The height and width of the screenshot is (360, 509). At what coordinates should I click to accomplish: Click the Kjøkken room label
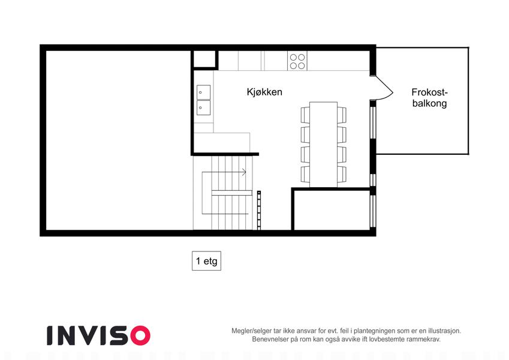[264, 92]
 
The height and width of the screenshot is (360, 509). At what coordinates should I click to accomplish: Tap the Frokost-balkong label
[429, 98]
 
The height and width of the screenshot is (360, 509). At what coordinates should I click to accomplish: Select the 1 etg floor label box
[206, 261]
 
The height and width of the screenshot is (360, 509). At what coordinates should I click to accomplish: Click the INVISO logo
[98, 335]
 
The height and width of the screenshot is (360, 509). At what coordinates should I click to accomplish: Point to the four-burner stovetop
[297, 62]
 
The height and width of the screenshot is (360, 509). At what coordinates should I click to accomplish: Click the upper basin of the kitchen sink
[203, 92]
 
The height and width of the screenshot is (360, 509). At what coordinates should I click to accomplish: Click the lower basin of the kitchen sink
[203, 107]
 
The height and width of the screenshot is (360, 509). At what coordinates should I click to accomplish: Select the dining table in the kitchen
[323, 145]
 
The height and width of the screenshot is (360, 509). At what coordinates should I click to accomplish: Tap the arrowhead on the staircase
[244, 172]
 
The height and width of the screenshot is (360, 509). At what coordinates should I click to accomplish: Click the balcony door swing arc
[385, 88]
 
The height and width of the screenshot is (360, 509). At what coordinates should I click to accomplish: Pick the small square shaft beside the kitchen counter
[204, 59]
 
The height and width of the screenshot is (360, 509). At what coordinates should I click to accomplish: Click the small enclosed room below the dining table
[332, 210]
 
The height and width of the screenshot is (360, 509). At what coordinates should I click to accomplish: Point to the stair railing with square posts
[259, 210]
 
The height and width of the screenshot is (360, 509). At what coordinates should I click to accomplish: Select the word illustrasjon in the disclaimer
[444, 331]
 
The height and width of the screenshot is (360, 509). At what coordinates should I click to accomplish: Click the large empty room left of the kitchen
[119, 140]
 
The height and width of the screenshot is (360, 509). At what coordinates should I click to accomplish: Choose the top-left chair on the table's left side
[305, 115]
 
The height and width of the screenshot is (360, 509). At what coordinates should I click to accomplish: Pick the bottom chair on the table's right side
[342, 174]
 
